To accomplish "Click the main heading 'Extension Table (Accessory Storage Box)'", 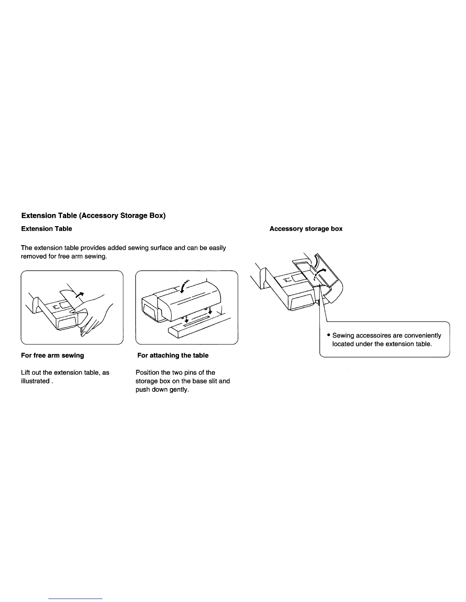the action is pyautogui.click(x=93, y=215).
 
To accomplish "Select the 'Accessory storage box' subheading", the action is pyautogui.click(x=306, y=229).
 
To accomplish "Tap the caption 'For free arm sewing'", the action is pyautogui.click(x=53, y=355).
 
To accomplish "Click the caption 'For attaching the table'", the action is pyautogui.click(x=173, y=355).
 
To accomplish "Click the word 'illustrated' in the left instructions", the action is pyautogui.click(x=35, y=381).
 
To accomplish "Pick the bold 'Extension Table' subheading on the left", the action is pyautogui.click(x=46, y=229).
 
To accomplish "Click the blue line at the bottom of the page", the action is pyautogui.click(x=76, y=599).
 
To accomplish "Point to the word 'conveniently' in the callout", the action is pyautogui.click(x=423, y=336).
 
